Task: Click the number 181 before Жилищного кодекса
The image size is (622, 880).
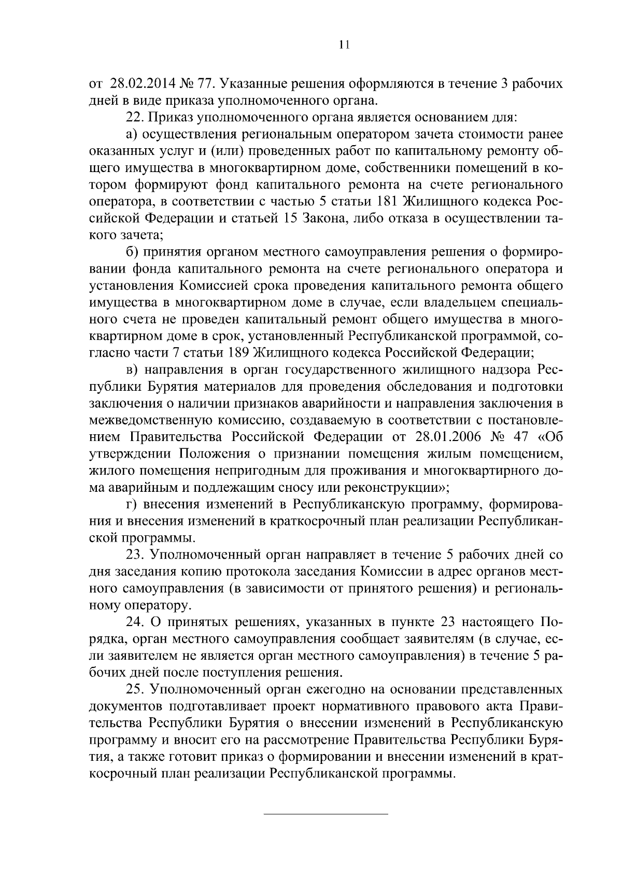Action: tap(388, 202)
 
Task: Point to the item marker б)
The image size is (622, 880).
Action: tap(132, 252)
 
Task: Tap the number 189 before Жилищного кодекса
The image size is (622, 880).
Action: tap(239, 353)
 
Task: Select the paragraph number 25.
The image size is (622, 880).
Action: tap(136, 689)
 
